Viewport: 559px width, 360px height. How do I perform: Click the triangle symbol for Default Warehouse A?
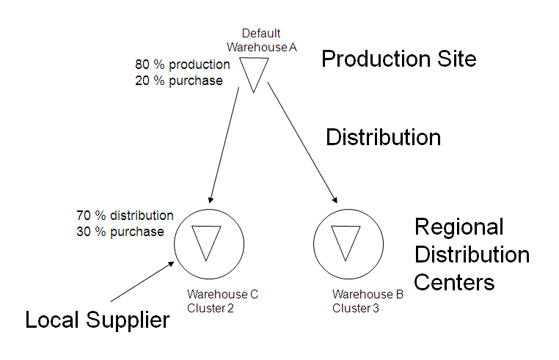(x=254, y=72)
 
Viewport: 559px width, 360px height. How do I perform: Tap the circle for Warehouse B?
(x=345, y=241)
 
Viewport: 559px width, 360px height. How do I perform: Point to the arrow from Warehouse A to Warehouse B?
(x=302, y=142)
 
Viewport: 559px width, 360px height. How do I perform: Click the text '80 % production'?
(x=183, y=65)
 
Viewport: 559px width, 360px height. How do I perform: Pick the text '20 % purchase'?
(x=178, y=81)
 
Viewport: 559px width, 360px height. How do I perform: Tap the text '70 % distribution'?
(x=125, y=216)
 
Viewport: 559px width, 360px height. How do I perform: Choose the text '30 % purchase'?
(x=120, y=232)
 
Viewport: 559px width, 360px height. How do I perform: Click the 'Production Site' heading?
(x=399, y=59)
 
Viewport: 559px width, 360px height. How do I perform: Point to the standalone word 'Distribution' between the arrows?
(x=383, y=137)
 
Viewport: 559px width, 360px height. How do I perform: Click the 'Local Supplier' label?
(x=97, y=320)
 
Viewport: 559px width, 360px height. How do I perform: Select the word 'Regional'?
(x=458, y=227)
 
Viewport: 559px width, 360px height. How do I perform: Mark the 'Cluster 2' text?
(x=211, y=308)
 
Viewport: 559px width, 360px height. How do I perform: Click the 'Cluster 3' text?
(x=356, y=308)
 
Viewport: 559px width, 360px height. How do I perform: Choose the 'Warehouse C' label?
(x=222, y=295)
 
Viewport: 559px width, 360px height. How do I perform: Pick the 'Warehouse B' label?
(x=368, y=295)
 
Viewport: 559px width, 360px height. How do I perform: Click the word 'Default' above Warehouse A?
(x=261, y=33)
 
